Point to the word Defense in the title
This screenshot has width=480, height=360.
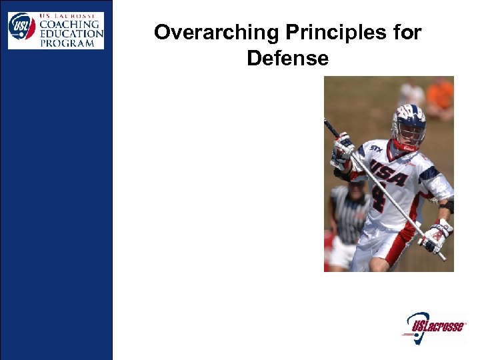pyautogui.click(x=287, y=59)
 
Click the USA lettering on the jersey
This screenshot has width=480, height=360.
pyautogui.click(x=389, y=174)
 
